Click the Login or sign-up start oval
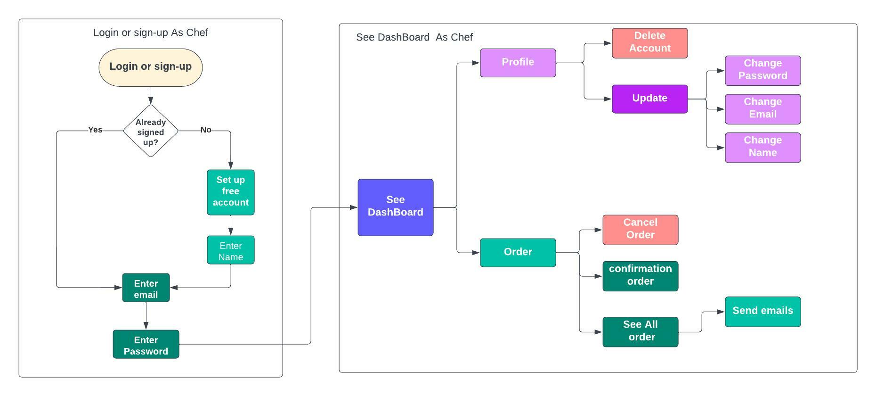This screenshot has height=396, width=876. click(150, 67)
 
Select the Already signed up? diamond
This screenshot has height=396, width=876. click(150, 132)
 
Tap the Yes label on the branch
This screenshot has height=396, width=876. click(95, 130)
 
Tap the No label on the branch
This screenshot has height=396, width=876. click(206, 130)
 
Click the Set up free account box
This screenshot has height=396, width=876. click(230, 192)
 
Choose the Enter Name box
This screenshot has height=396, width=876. click(230, 250)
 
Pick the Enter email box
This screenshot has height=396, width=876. click(146, 288)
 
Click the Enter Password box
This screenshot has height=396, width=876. click(146, 345)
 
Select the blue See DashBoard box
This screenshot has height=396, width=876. click(395, 207)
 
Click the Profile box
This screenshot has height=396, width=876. click(518, 63)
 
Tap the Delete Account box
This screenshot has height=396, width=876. click(649, 43)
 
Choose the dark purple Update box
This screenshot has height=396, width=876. click(649, 99)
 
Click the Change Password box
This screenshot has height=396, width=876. click(762, 70)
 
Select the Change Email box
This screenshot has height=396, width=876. click(762, 109)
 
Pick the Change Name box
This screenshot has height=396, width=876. click(762, 148)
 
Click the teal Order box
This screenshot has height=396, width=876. click(518, 253)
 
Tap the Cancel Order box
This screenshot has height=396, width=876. click(640, 230)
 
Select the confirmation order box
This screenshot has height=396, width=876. click(640, 276)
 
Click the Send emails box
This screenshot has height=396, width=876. click(762, 312)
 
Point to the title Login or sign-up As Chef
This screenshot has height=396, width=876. click(150, 33)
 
